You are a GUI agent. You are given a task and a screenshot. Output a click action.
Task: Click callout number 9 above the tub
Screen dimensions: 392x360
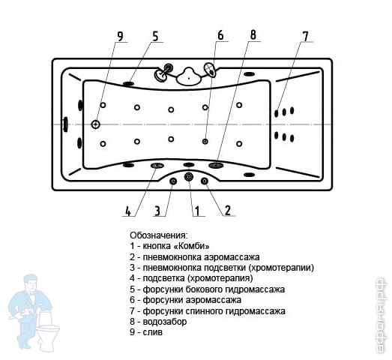tap(120, 36)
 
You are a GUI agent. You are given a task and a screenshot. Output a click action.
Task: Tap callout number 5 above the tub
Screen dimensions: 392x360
tap(155, 36)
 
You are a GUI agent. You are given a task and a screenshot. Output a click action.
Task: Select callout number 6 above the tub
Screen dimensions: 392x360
tap(220, 35)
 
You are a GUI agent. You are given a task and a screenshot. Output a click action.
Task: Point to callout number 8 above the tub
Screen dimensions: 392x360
tap(253, 34)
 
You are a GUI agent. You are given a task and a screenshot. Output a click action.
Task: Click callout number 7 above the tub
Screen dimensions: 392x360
tap(306, 37)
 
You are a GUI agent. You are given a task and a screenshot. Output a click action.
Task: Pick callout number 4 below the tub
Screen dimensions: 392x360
tap(127, 211)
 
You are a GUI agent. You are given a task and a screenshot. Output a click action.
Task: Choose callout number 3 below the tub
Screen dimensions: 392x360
tap(157, 211)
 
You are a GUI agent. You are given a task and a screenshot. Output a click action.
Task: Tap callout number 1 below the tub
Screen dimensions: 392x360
tap(197, 211)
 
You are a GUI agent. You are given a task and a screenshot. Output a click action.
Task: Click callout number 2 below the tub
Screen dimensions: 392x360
tap(228, 211)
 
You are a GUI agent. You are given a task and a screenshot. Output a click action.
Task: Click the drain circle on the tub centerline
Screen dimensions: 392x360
tap(95, 124)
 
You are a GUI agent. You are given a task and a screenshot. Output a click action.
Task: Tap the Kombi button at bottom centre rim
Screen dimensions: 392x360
tap(189, 177)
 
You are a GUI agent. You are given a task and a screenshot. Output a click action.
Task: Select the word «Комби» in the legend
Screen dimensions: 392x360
tap(191, 246)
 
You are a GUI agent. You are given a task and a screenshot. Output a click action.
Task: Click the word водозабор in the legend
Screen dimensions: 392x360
tap(165, 322)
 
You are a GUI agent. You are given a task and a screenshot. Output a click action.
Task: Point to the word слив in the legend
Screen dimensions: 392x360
tap(152, 332)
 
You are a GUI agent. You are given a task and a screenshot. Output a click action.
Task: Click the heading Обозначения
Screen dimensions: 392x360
tap(158, 235)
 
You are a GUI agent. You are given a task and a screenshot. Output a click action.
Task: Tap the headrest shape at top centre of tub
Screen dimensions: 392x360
tap(188, 76)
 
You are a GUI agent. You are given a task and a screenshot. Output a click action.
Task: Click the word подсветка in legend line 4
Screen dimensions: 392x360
tap(163, 278)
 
